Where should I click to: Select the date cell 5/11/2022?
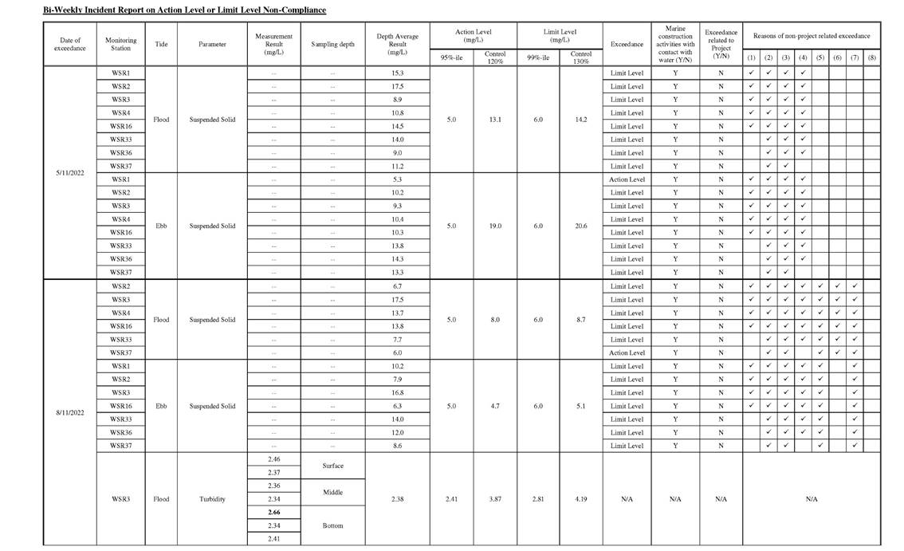(70, 172)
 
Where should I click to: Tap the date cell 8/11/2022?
(70, 412)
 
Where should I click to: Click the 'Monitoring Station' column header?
(121, 44)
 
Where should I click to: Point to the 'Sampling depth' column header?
(332, 44)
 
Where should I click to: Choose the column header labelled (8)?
(871, 57)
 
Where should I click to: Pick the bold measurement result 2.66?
(273, 512)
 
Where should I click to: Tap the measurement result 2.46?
(273, 459)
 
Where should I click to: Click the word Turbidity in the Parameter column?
(212, 499)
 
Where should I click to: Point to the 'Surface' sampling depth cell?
(332, 466)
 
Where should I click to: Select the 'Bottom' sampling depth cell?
(332, 525)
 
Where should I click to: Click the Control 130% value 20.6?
(581, 226)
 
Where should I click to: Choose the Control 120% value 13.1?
(494, 120)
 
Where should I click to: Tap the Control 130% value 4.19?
(581, 499)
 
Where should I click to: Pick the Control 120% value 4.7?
(494, 406)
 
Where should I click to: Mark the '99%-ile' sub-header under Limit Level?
(538, 57)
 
